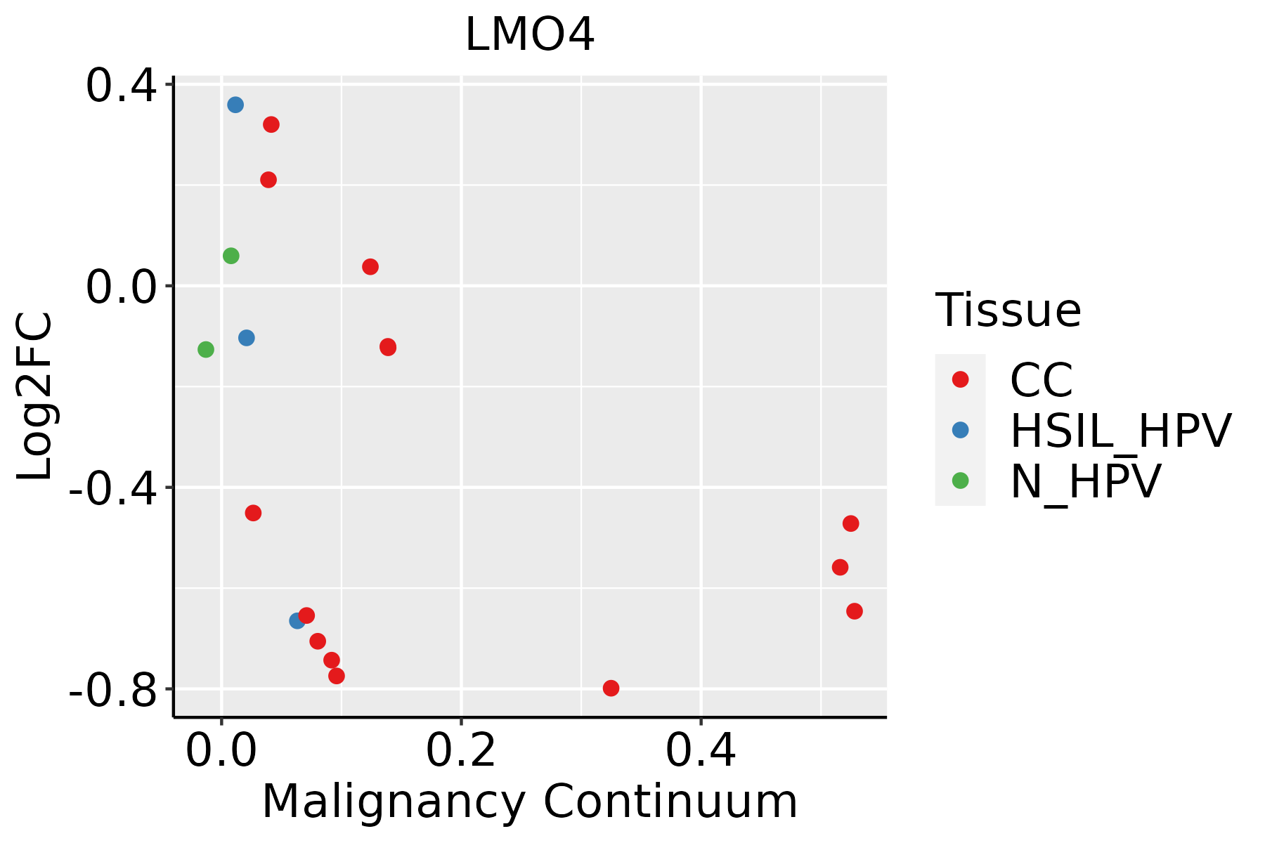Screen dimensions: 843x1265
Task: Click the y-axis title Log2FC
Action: [35, 396]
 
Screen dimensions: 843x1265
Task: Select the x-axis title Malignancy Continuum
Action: [530, 802]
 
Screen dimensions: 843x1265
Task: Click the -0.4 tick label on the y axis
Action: [112, 489]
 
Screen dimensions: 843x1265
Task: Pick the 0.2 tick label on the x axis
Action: [461, 750]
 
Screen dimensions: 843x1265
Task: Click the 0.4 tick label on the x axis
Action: [701, 750]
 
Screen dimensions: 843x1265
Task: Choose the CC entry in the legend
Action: [1041, 380]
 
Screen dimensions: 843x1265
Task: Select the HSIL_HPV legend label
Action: [1120, 431]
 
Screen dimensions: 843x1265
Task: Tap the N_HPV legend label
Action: [1085, 481]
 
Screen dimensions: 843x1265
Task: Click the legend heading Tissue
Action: [1008, 310]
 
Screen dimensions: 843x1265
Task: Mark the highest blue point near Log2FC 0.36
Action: [235, 105]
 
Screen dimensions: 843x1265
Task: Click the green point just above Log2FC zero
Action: [231, 256]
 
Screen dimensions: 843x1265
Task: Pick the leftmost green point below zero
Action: [206, 349]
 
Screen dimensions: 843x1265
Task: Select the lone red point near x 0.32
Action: [611, 688]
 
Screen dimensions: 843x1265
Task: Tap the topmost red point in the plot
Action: [271, 124]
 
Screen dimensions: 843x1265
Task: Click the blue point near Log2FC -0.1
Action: [247, 338]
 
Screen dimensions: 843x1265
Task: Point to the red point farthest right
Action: [855, 611]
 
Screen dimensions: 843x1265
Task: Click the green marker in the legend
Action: [960, 481]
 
